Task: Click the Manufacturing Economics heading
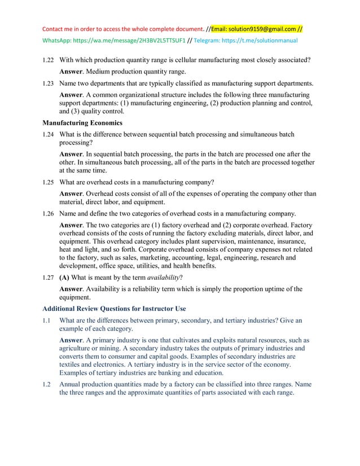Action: tap(82, 122)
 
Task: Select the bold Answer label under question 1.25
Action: tap(71, 194)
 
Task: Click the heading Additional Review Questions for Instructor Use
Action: tap(114, 309)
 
